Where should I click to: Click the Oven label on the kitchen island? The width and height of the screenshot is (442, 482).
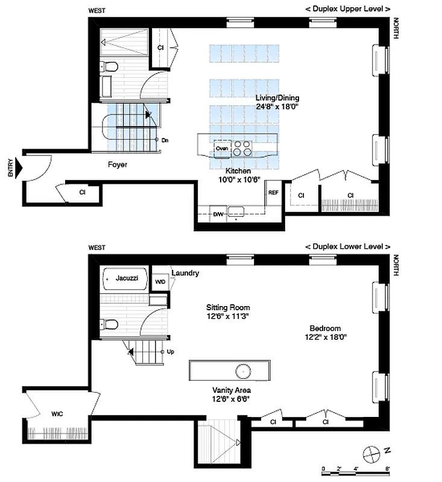coord(221,148)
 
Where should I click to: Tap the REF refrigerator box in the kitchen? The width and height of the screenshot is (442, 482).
coord(273,193)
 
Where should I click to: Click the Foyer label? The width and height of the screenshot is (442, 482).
coord(117,164)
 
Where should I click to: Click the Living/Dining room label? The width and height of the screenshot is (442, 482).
coord(277,98)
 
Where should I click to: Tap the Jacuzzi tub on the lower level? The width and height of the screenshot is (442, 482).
coord(124,279)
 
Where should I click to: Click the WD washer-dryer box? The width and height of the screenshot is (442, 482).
coord(160,281)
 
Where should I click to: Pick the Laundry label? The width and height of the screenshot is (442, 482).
coord(185,273)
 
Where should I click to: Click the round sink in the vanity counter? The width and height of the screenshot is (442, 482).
coord(244,370)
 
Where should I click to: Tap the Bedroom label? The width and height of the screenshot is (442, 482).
coord(325,328)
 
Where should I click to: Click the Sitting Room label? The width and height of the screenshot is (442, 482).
coord(227,307)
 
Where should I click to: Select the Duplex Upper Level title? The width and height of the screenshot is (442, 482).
coord(347,9)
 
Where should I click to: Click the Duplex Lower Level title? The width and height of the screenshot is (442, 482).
coord(347,247)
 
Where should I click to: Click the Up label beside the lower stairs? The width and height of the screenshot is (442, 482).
coord(171,352)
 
